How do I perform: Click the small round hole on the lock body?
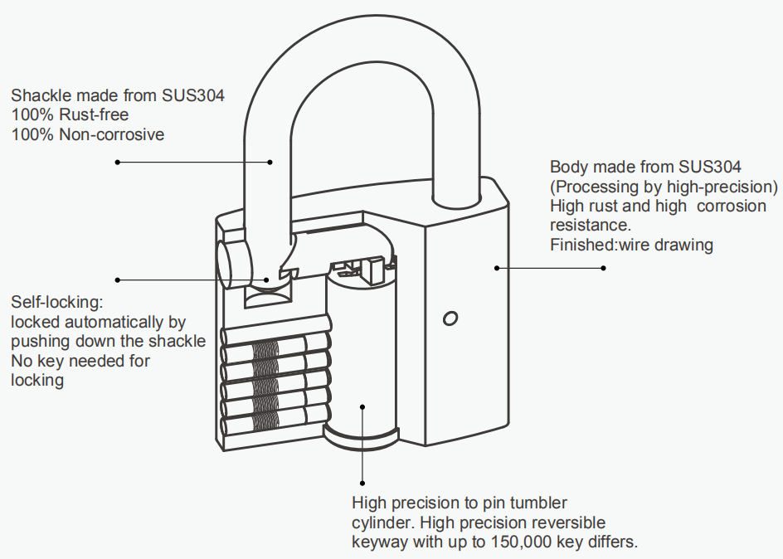(x=450, y=318)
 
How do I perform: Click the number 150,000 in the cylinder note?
(x=523, y=542)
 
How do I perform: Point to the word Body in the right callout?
(x=568, y=167)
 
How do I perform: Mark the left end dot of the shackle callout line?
(x=118, y=162)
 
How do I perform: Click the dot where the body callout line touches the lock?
(x=497, y=268)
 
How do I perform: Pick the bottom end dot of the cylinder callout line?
(x=362, y=482)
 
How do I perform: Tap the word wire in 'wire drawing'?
(x=633, y=245)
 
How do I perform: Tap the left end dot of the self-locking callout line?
(x=118, y=279)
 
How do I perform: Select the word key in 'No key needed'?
(x=47, y=361)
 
